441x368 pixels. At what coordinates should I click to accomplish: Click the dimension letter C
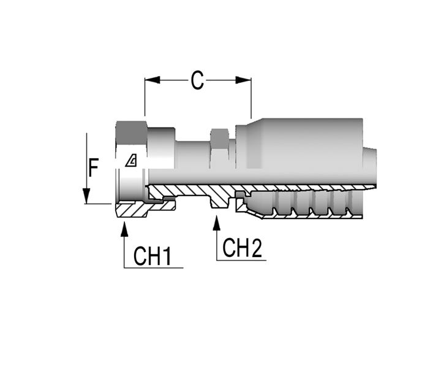[x=197, y=80]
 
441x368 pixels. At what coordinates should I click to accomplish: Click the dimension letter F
[x=93, y=167]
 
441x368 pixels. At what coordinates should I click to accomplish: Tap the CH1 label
[x=153, y=256]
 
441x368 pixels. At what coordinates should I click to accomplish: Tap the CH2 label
[x=242, y=248]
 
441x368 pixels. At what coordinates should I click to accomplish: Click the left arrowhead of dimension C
[x=152, y=80]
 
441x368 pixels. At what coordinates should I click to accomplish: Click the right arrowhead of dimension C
[x=244, y=80]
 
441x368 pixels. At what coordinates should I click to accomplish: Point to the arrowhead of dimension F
[x=86, y=196]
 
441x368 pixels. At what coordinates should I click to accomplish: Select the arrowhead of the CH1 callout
[x=124, y=229]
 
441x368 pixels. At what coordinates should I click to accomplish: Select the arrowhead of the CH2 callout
[x=217, y=223]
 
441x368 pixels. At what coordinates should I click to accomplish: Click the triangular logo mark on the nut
[x=131, y=161]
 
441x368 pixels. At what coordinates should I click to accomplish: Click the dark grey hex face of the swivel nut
[x=131, y=132]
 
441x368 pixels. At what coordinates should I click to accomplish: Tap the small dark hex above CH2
[x=220, y=138]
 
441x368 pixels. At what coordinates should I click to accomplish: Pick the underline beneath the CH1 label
[x=154, y=268]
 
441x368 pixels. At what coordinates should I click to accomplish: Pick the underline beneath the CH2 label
[x=241, y=260]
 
